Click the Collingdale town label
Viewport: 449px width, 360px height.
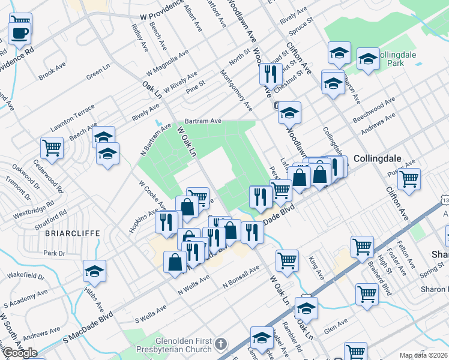[377, 159]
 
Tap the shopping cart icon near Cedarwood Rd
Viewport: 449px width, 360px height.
[52, 147]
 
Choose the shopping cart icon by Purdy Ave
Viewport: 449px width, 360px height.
[409, 178]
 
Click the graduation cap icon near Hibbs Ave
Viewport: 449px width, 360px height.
[94, 272]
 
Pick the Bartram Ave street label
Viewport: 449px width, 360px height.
[203, 121]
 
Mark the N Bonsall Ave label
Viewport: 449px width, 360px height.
[240, 275]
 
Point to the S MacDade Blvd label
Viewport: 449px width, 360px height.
[88, 328]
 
